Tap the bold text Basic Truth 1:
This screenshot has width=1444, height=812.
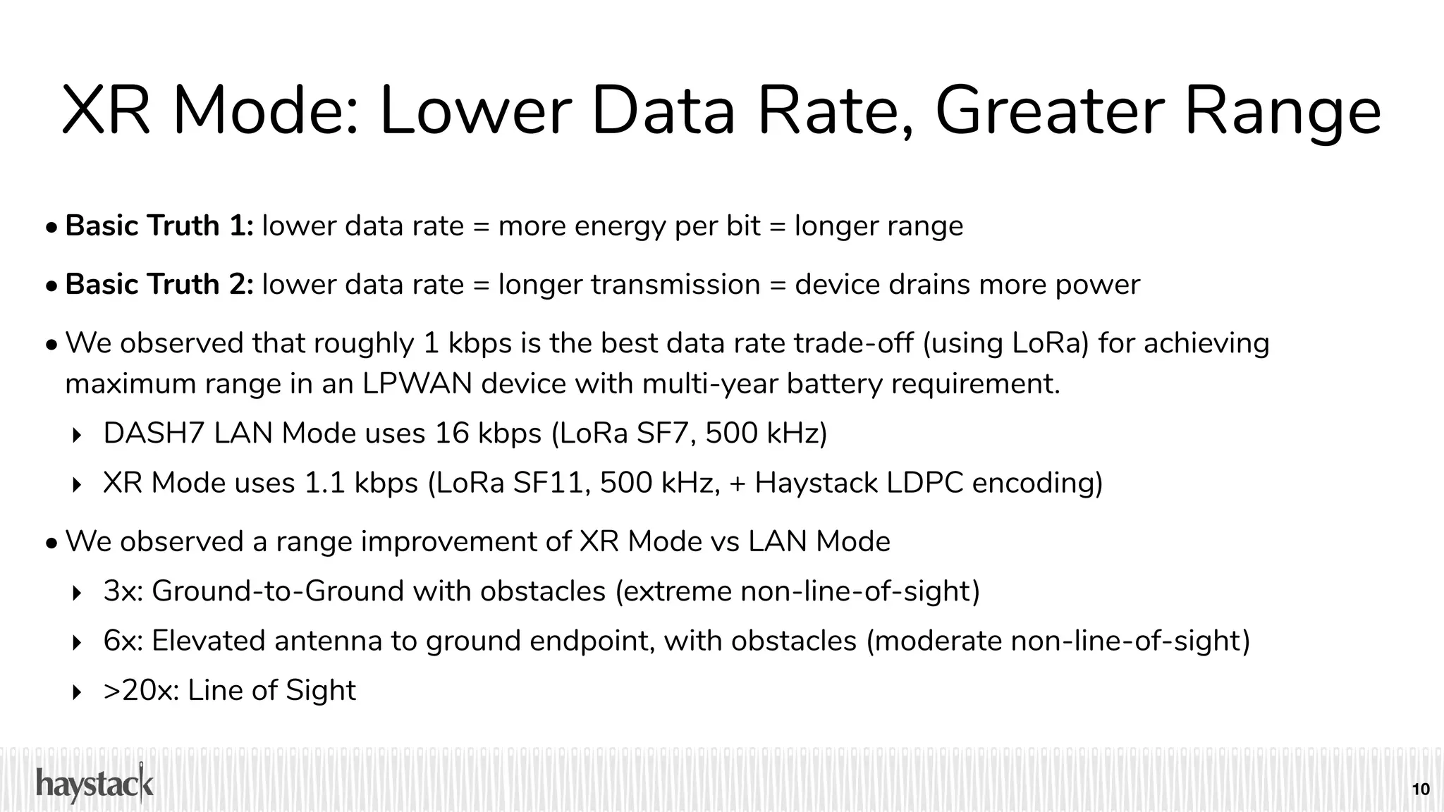159,226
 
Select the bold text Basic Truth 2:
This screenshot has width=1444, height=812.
159,285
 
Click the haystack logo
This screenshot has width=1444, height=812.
94,784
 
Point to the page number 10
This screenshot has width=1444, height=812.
1421,789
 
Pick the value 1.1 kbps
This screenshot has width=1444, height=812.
361,483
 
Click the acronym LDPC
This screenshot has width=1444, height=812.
924,483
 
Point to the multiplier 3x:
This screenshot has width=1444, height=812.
123,591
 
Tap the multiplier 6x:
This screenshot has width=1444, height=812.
123,641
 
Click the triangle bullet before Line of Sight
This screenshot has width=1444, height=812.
78,691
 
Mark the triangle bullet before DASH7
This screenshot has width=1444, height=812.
78,434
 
